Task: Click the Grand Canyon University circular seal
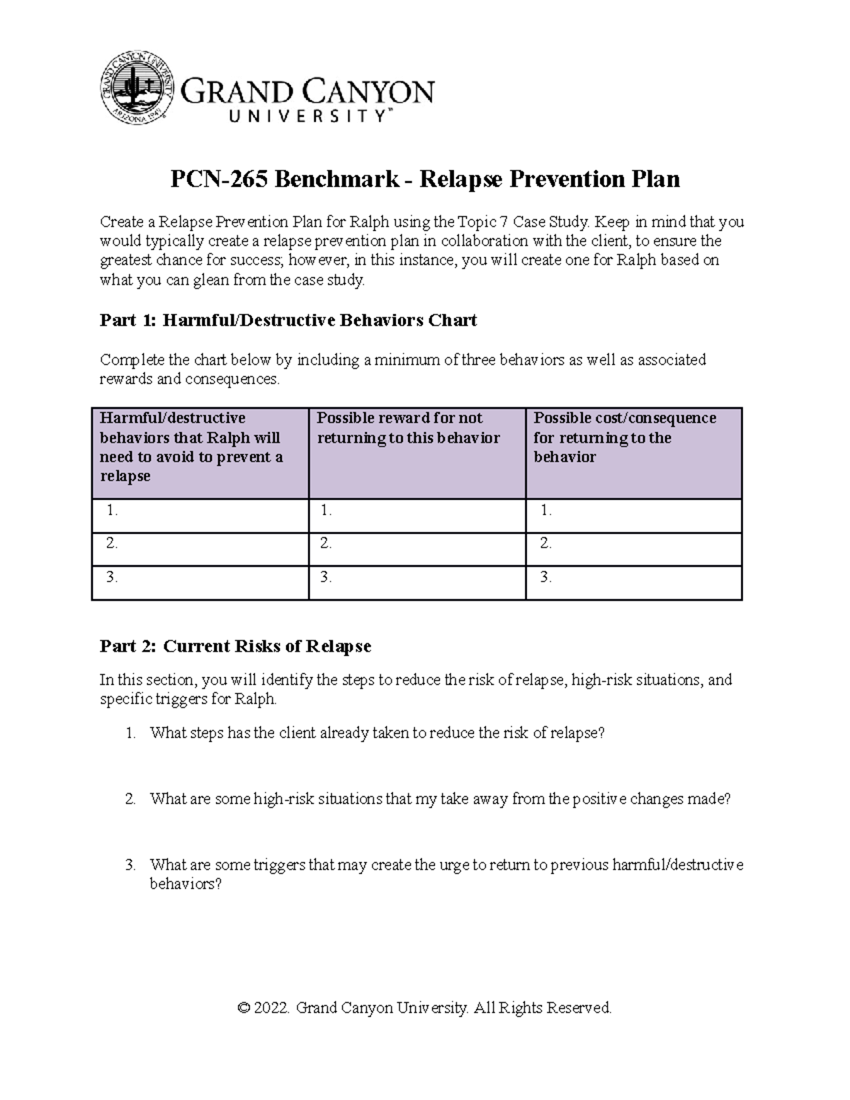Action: [136, 86]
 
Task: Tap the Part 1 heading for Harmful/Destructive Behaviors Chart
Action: [288, 320]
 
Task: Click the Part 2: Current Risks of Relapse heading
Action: [235, 646]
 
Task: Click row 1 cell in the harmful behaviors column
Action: [200, 515]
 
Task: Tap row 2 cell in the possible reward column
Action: [416, 548]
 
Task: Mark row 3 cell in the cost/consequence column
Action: [633, 582]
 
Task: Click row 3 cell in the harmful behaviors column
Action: [200, 582]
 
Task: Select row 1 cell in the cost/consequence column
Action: [633, 515]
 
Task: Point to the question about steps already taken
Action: [377, 733]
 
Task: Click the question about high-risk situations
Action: [439, 799]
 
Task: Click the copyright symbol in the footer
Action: [244, 1008]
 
